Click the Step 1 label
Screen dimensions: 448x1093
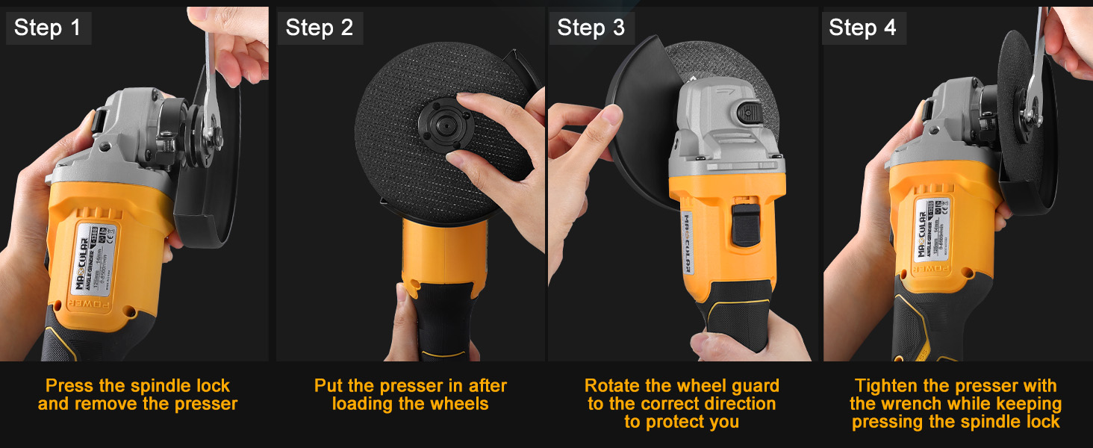(x=47, y=28)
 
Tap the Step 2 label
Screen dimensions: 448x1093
(x=320, y=28)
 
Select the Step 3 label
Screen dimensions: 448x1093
(x=591, y=28)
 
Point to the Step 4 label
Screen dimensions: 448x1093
(x=862, y=28)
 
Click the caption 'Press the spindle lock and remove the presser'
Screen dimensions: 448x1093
(x=137, y=395)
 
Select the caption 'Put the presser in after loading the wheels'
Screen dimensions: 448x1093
(x=410, y=395)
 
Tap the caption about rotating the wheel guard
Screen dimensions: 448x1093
(x=682, y=404)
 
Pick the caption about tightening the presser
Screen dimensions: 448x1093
(x=956, y=404)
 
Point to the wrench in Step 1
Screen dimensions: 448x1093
(x=211, y=82)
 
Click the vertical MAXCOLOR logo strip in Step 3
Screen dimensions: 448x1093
(x=688, y=243)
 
